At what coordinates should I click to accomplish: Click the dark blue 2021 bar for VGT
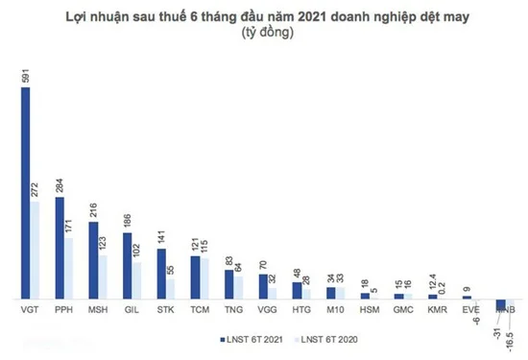pyautogui.click(x=25, y=192)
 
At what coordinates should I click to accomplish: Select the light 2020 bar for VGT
pyautogui.click(x=35, y=250)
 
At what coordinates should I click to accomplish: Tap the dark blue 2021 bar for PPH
pyautogui.click(x=60, y=245)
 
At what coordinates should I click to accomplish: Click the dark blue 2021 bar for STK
pyautogui.click(x=161, y=274)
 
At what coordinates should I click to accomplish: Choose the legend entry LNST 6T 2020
pyautogui.click(x=324, y=338)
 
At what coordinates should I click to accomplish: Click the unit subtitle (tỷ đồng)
pyautogui.click(x=262, y=33)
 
